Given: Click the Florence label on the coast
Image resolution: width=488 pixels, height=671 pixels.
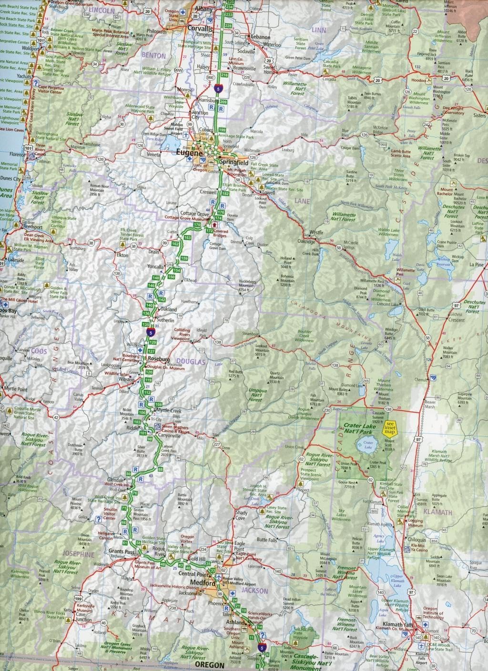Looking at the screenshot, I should click(16, 155).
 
